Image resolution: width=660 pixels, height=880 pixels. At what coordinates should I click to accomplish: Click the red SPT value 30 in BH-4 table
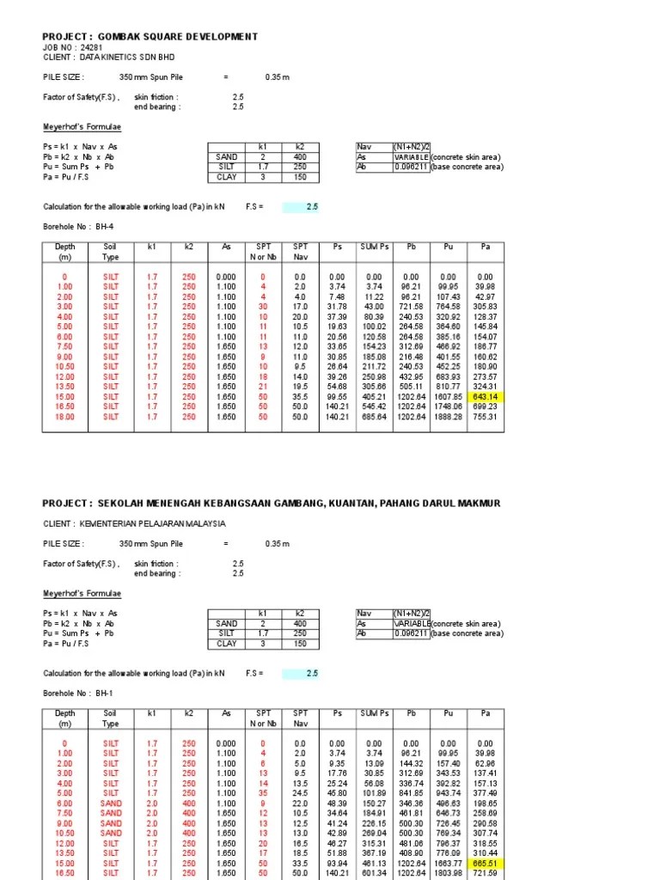click(263, 306)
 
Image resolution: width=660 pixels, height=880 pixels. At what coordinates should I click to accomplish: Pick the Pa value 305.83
click(486, 306)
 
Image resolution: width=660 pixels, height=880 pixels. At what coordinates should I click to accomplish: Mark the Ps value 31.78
click(336, 306)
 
